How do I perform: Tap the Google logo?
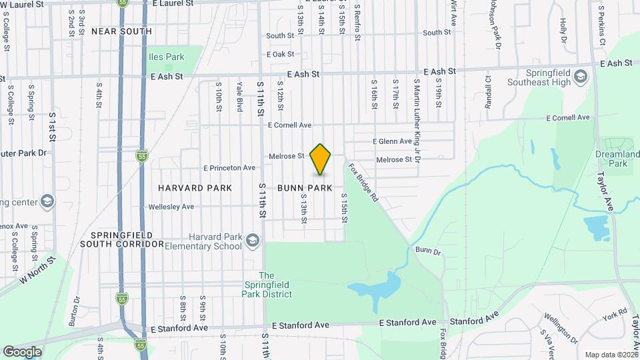pyautogui.click(x=22, y=351)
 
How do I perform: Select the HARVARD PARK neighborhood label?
pyautogui.click(x=195, y=188)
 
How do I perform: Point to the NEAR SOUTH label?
pyautogui.click(x=121, y=31)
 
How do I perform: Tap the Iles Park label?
pyautogui.click(x=167, y=57)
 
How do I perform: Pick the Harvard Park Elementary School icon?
pyautogui.click(x=252, y=239)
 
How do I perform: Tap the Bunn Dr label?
pyautogui.click(x=428, y=251)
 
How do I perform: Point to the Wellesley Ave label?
pyautogui.click(x=171, y=207)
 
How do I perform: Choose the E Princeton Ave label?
pyautogui.click(x=229, y=168)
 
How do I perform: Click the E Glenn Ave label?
pyautogui.click(x=392, y=141)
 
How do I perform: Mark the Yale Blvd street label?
pyautogui.click(x=239, y=97)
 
